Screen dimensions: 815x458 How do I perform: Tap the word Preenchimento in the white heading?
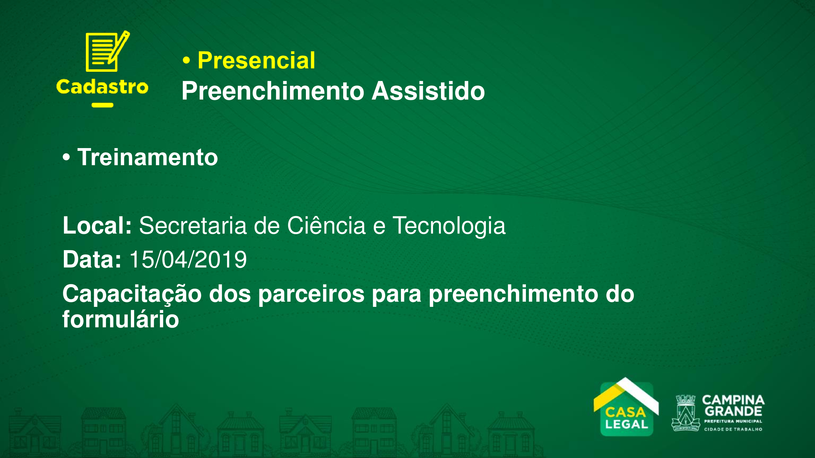tap(273, 91)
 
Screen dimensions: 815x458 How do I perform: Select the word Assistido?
tap(428, 91)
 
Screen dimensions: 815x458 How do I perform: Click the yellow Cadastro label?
tap(102, 87)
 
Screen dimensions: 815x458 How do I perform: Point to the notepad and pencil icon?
tap(108, 51)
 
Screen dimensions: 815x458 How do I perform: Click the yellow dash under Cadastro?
tap(102, 105)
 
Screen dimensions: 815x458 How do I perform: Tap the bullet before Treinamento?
tap(66, 158)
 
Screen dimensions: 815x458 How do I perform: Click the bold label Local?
tap(97, 225)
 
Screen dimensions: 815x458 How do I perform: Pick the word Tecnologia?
tap(449, 226)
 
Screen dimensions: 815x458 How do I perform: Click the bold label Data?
tap(92, 259)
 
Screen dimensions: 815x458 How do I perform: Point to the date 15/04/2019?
tap(188, 259)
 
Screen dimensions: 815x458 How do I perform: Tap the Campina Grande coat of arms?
tap(685, 413)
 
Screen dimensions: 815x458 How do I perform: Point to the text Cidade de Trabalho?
tap(733, 429)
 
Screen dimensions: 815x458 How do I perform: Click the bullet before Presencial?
tap(186, 61)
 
